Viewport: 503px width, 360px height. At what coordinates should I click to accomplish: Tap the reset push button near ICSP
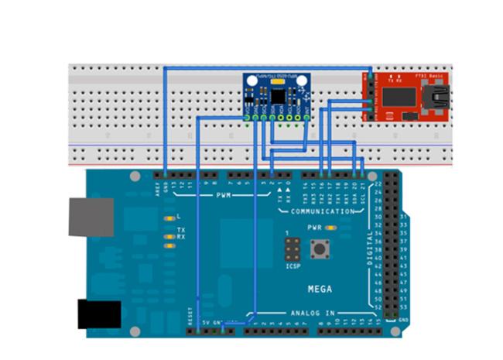tap(317, 249)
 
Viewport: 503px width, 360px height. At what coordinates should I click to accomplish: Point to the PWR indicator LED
tap(330, 228)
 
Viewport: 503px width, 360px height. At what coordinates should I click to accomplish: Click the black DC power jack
tap(99, 314)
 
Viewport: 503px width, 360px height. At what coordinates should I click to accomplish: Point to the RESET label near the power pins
tap(190, 315)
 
